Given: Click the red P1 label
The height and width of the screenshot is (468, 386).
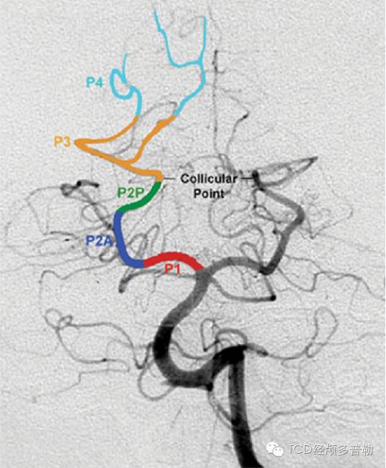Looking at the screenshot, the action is [173, 269].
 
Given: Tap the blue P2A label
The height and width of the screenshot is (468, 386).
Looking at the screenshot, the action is [100, 241].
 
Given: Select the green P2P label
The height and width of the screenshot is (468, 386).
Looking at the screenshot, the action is [131, 193].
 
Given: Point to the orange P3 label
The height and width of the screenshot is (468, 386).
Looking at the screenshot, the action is [62, 141].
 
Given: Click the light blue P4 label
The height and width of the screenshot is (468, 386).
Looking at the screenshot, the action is [95, 82].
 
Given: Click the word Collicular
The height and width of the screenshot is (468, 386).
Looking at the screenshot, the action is [209, 178].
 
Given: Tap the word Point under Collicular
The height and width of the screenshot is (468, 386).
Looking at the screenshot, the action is [209, 194].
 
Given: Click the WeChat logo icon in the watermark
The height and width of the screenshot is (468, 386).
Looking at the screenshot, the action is [274, 449].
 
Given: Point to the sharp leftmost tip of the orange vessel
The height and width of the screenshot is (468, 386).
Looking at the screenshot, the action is [75, 143].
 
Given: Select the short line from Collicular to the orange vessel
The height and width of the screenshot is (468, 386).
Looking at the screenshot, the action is [169, 178].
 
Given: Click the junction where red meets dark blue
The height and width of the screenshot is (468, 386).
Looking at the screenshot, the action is [143, 263].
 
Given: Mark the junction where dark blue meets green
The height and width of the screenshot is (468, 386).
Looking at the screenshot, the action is [119, 213].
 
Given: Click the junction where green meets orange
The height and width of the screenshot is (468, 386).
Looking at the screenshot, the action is [160, 181].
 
